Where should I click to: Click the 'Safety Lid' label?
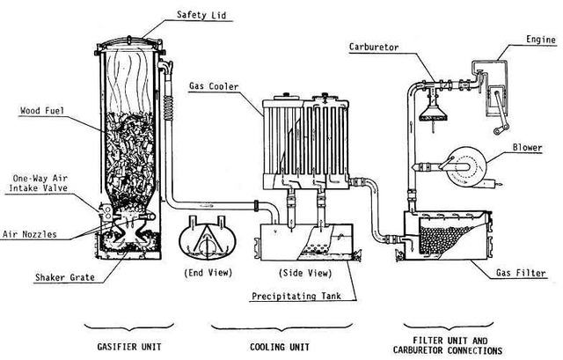click(201, 15)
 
